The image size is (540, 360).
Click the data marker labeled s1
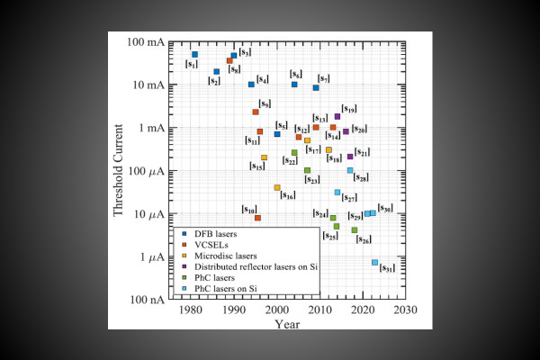[194, 54]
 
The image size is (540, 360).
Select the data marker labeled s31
[374, 262]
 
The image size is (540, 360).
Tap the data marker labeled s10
[257, 217]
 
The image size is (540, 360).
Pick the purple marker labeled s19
[337, 116]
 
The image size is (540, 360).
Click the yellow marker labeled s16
[277, 187]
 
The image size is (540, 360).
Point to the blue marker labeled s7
[316, 87]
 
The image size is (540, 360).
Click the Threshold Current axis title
[119, 171]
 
